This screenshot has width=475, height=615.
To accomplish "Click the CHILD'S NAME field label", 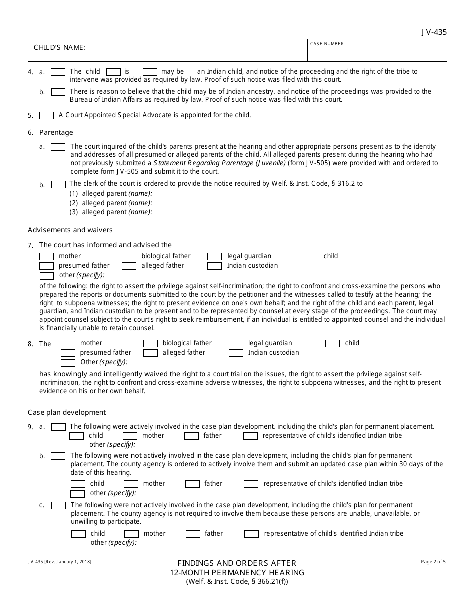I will tap(60, 47).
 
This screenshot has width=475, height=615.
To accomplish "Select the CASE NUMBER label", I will tap(328, 44).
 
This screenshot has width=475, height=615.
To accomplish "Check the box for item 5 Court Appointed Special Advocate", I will tap(46, 115).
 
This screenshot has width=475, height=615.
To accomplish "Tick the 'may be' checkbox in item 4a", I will tap(150, 72).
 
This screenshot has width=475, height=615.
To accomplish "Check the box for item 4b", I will tap(58, 92).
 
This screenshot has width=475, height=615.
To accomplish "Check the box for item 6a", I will tap(58, 147).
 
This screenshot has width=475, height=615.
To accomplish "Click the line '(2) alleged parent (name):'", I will tap(111, 203).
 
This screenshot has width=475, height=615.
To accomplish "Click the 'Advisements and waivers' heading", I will tap(70, 230).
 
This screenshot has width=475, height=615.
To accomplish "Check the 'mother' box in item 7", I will tap(46, 256).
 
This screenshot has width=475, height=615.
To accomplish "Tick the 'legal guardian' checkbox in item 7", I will tap(214, 256).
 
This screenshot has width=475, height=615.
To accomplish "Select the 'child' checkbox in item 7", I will tap(311, 256).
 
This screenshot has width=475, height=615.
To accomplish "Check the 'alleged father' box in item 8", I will tap(150, 353).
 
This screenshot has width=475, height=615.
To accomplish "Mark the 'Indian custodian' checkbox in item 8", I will tap(236, 353).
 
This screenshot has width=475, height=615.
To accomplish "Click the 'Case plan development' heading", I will tap(67, 412).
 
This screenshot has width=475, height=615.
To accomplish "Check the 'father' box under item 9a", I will tap(191, 436).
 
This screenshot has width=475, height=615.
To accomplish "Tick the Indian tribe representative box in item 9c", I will tap(251, 534).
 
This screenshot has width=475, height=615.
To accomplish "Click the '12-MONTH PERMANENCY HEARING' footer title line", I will tap(237, 572).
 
